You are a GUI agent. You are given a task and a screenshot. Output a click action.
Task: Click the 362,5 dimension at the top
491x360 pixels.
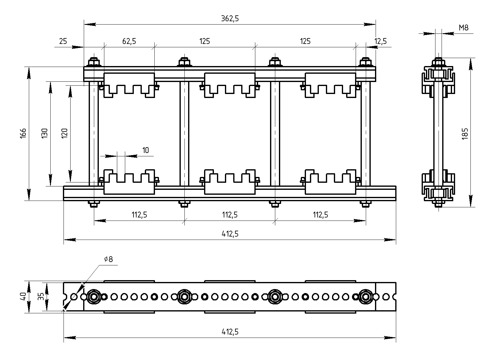(230, 19)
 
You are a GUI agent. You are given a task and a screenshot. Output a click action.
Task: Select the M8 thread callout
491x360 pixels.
(464, 28)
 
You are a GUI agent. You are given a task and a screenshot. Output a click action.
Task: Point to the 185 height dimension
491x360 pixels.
(465, 133)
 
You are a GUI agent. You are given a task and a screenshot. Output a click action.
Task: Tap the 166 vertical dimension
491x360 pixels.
(24, 133)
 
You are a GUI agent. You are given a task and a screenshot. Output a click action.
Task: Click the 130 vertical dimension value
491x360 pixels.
(45, 133)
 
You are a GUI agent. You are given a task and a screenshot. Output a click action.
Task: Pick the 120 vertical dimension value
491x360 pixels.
(64, 133)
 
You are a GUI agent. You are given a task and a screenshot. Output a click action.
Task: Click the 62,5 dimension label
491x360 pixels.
(129, 41)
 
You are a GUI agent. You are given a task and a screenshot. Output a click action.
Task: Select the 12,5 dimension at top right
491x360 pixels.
(381, 41)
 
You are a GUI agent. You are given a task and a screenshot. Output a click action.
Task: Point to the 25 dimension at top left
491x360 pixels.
(63, 41)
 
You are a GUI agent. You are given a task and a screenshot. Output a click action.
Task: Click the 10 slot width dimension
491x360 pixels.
(145, 150)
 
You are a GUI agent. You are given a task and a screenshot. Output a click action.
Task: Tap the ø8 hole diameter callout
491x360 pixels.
(108, 259)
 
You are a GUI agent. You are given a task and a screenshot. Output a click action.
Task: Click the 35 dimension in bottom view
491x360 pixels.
(40, 297)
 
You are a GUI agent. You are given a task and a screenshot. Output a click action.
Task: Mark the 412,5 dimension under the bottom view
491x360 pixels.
(230, 332)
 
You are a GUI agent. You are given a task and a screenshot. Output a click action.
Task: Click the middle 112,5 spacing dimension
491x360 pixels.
(230, 215)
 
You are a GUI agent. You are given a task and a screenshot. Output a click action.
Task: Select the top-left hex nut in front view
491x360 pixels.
(94, 63)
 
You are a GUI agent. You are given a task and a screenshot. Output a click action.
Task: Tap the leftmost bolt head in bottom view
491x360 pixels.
(93, 297)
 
